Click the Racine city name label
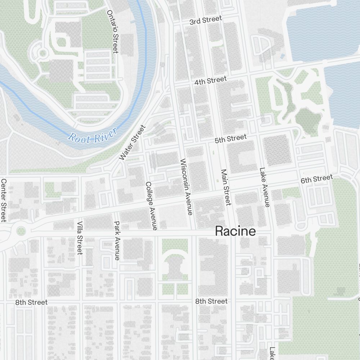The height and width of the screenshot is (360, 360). point(235,231)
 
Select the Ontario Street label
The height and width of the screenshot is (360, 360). point(113,31)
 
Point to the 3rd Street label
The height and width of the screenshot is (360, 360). point(206,21)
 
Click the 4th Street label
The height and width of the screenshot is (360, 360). point(211,80)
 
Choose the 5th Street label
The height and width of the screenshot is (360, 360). point(231,139)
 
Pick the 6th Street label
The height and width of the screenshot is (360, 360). point(317,179)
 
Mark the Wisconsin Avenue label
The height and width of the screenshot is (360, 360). point(186,187)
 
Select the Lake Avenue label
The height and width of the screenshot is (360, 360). point(264,188)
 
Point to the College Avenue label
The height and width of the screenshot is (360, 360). point(151,206)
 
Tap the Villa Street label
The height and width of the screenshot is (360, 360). point(80,238)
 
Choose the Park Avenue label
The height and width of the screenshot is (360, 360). point(117,241)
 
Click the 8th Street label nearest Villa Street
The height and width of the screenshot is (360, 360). point(31,302)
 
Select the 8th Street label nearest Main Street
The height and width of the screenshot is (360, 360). point(211,301)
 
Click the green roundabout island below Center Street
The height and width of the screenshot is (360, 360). point(21,230)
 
